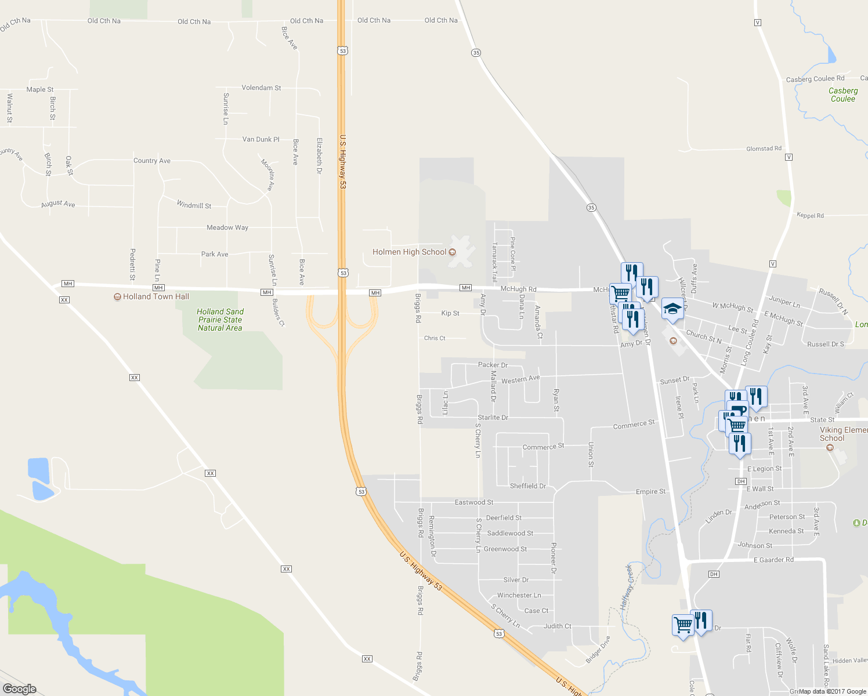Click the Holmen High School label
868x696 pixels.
pos(409,252)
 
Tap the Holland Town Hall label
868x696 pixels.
pos(155,296)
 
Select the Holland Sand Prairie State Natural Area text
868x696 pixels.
pos(220,320)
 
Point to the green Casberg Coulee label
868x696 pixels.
pos(843,95)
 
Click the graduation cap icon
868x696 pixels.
pos(672,309)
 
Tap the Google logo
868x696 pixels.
pos(20,688)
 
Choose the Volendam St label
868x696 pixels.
pos(261,88)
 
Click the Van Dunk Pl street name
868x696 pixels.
pos(261,139)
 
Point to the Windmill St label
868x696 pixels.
pos(194,205)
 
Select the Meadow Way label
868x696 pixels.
pos(227,227)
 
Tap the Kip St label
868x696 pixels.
pos(450,313)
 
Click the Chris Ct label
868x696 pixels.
pos(435,338)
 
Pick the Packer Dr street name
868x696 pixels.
pos(493,365)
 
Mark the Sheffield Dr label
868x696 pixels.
pos(527,486)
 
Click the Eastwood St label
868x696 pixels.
pos(473,502)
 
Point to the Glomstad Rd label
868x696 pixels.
pos(764,148)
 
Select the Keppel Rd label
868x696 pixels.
pos(810,215)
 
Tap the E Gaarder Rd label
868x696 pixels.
pos(773,560)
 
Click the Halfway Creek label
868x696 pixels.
pos(626,586)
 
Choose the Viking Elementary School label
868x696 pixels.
pos(843,434)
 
